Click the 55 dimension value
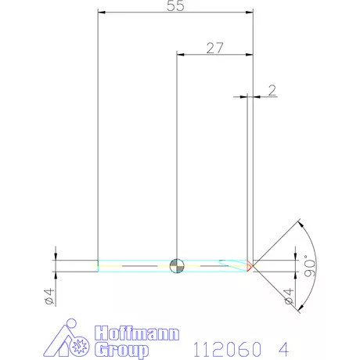(176, 6)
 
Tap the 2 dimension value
(272, 90)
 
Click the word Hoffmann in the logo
(132, 331)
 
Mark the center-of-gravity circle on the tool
(177, 265)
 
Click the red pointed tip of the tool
(250, 265)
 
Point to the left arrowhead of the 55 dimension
(101, 13)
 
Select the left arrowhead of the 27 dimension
(181, 55)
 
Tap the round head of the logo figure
(71, 324)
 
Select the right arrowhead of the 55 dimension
(251, 13)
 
